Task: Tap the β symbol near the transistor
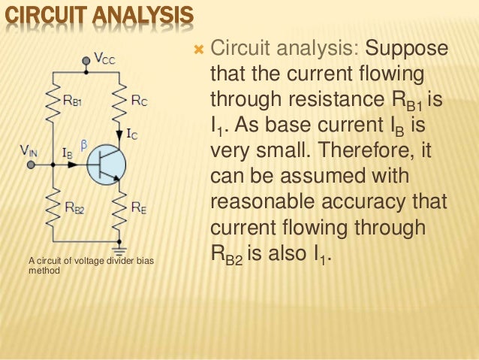pos(84,142)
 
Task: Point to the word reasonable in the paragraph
pos(262,203)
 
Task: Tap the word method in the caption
pos(42,271)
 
